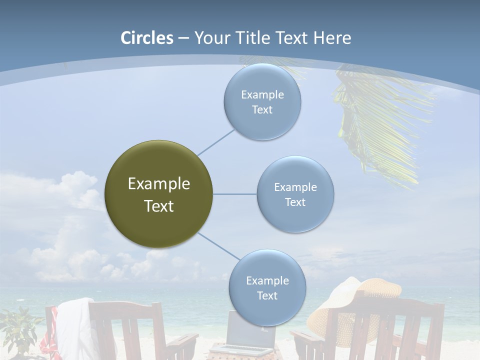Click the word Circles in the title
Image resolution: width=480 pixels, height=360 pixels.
[x=146, y=38]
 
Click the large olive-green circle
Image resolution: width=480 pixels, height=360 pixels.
[x=158, y=194]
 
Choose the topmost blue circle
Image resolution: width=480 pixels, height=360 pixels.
[x=262, y=102]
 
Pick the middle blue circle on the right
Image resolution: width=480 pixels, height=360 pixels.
[x=295, y=194]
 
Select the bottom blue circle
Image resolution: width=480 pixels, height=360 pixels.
[x=267, y=288]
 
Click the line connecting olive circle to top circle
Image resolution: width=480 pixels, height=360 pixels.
[x=215, y=142]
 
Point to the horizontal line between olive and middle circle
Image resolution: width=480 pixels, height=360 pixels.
[x=234, y=194]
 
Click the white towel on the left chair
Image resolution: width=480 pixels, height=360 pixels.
[x=75, y=325]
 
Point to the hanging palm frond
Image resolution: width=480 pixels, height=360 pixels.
[x=380, y=125]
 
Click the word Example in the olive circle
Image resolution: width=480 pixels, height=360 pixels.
[x=158, y=184]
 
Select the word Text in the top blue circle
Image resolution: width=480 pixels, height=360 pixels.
[x=262, y=110]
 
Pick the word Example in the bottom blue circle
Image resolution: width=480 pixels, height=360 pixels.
[x=267, y=280]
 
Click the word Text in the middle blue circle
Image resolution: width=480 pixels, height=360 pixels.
[x=295, y=202]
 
